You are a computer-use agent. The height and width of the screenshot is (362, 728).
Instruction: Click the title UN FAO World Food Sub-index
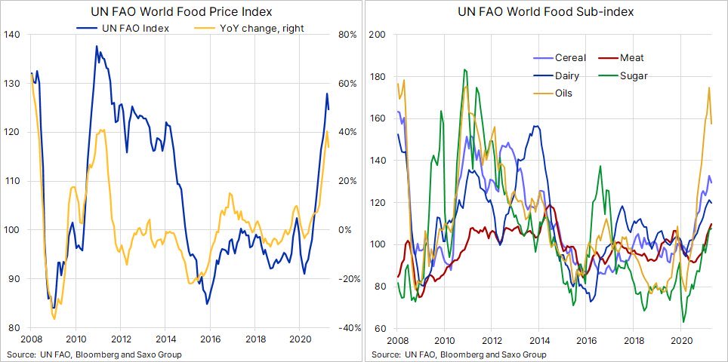(x=545, y=12)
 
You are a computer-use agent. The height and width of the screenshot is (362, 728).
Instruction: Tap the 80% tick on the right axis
(x=348, y=35)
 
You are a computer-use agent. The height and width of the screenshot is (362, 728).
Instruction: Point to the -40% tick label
(x=347, y=328)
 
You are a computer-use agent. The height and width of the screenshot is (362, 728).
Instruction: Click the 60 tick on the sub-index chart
(x=381, y=328)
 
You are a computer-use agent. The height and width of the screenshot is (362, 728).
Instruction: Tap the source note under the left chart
(x=94, y=354)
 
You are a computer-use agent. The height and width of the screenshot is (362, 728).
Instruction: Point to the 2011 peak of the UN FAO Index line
(x=97, y=47)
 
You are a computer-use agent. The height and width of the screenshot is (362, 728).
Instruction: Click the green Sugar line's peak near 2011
(x=464, y=70)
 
